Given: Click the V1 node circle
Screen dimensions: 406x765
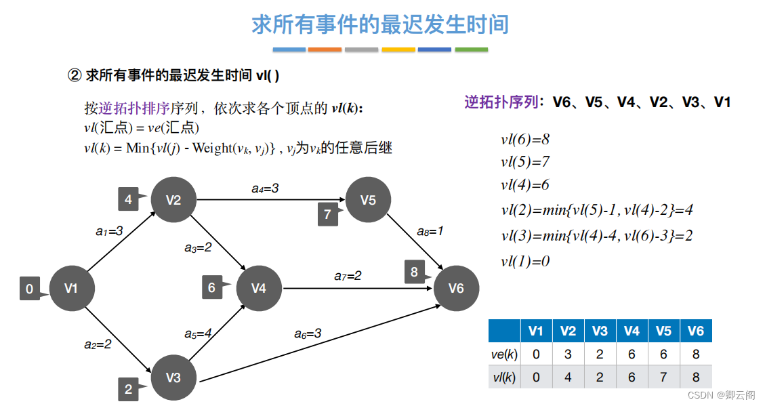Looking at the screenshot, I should click(x=71, y=289).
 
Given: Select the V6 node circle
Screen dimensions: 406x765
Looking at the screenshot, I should click(x=456, y=289).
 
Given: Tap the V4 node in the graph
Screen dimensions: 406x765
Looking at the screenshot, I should click(x=259, y=289).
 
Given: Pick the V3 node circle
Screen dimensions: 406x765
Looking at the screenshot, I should click(x=173, y=378).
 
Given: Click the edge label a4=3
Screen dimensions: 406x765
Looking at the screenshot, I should click(x=265, y=188).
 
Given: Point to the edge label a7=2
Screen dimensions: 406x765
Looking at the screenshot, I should click(x=348, y=276).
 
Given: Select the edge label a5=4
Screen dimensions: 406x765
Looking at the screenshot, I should click(x=199, y=333).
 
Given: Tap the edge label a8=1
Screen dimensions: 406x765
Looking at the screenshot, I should click(x=430, y=231).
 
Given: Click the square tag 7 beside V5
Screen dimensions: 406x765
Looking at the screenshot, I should click(x=328, y=214).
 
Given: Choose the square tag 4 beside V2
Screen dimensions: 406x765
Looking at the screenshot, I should click(x=129, y=199).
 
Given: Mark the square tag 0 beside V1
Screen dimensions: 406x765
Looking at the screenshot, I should click(x=30, y=289).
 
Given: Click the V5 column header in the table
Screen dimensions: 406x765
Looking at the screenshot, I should click(x=663, y=331).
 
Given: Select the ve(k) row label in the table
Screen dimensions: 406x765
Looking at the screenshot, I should click(x=503, y=354).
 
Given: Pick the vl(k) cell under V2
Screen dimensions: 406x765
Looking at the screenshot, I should click(x=568, y=377).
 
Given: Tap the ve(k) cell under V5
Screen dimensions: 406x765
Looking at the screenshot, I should click(x=663, y=354).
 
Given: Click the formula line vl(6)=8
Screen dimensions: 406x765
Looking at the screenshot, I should click(x=525, y=140).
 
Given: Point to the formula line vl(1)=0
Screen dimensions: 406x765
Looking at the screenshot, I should click(x=525, y=261).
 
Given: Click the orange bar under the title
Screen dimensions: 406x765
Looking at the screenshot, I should click(x=325, y=49).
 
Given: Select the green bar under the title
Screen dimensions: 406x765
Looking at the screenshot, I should click(x=471, y=49).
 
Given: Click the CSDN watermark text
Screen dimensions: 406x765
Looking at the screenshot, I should click(x=722, y=394).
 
